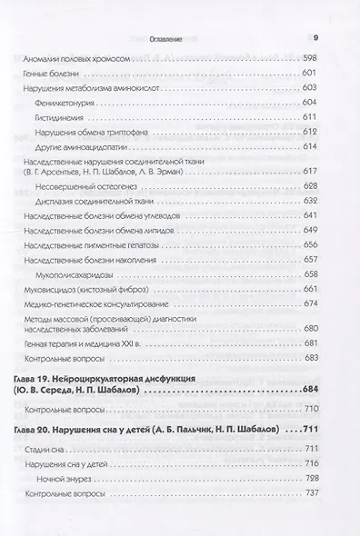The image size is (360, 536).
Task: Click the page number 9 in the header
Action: click(315, 38)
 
